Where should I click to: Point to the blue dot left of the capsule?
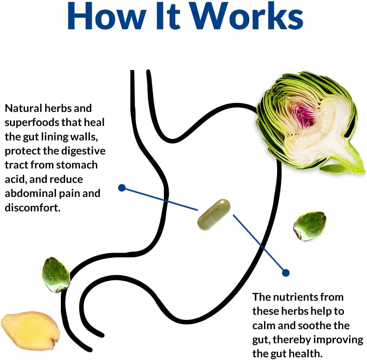[x=122, y=188]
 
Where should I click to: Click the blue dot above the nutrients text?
[x=285, y=273]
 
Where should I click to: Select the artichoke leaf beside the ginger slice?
[x=56, y=275]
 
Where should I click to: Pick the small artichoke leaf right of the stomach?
[x=310, y=226]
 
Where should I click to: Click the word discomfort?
[x=33, y=207]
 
